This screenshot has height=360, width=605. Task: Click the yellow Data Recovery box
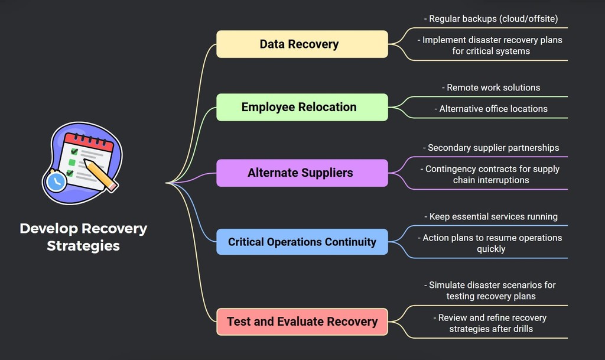click(302, 44)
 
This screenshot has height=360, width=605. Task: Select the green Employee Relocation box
click(302, 107)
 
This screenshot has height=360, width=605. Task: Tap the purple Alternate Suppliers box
click(302, 173)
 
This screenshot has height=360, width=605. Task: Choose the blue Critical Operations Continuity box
click(302, 242)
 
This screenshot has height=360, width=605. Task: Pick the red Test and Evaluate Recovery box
click(302, 322)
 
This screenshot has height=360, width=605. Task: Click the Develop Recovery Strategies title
click(83, 236)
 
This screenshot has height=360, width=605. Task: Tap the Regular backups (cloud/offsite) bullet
click(491, 19)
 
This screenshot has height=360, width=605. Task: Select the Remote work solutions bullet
click(491, 87)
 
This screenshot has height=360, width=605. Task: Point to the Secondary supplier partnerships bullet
click(491, 148)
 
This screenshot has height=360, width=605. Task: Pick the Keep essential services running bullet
click(491, 217)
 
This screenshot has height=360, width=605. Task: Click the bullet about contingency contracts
click(491, 174)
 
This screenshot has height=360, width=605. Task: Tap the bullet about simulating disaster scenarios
click(491, 290)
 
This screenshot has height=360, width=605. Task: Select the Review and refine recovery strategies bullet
click(491, 323)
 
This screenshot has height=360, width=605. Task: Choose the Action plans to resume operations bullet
click(491, 243)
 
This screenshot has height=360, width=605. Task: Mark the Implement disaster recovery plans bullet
click(491, 46)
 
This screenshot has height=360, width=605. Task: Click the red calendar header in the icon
click(89, 142)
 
